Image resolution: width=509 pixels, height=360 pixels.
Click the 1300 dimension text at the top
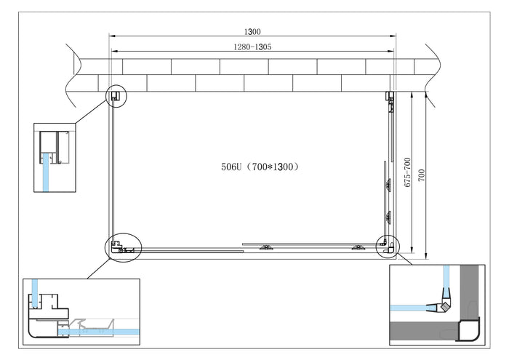[x=252, y=31]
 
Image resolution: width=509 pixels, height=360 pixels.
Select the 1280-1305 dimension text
[x=252, y=46]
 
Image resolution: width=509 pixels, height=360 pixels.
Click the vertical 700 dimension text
[x=422, y=175]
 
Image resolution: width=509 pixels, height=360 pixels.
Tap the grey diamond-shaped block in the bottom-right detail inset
[x=441, y=307]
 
